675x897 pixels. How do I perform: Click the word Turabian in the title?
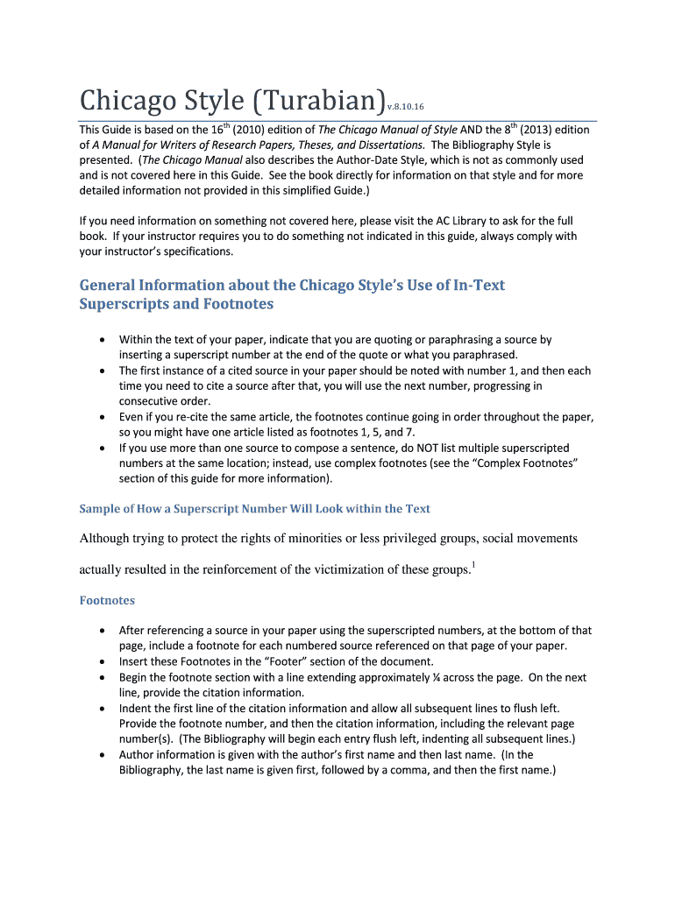(316, 100)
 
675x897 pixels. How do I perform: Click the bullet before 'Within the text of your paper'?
(104, 339)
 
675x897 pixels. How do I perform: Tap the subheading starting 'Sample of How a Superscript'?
(255, 508)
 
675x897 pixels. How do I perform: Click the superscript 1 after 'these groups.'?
(473, 564)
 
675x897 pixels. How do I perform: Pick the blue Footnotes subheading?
(107, 601)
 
